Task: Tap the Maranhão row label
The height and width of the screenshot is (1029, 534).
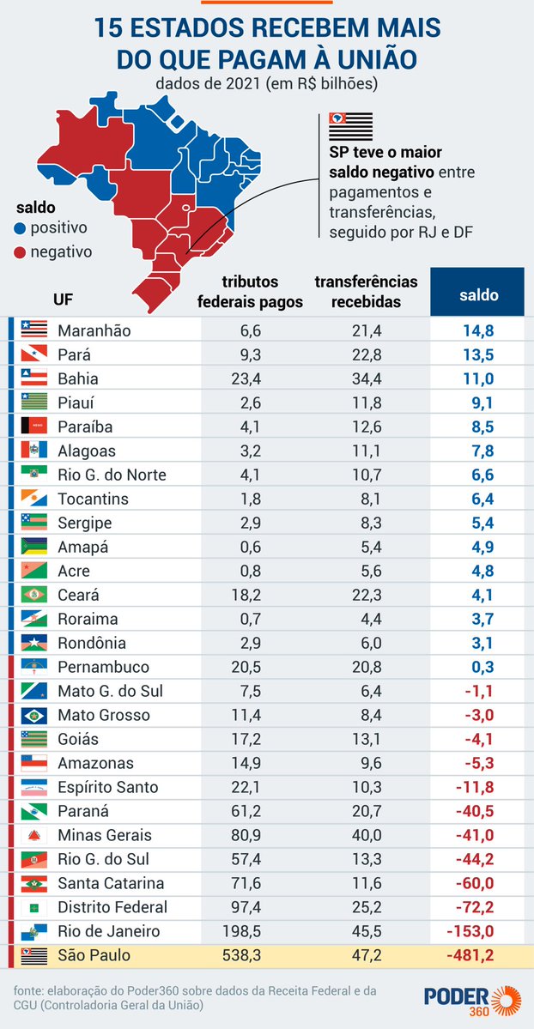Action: tap(95, 330)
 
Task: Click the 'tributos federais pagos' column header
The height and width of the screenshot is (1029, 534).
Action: tap(250, 292)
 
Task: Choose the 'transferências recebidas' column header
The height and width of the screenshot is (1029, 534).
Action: tap(366, 292)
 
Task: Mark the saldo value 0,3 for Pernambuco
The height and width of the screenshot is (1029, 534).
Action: tap(482, 667)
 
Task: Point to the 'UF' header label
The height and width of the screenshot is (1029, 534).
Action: tap(63, 299)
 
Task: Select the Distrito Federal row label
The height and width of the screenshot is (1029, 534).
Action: tap(112, 907)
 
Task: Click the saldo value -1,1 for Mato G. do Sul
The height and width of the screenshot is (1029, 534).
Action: tap(478, 691)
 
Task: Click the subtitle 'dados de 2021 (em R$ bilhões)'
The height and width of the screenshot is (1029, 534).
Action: tap(267, 84)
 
